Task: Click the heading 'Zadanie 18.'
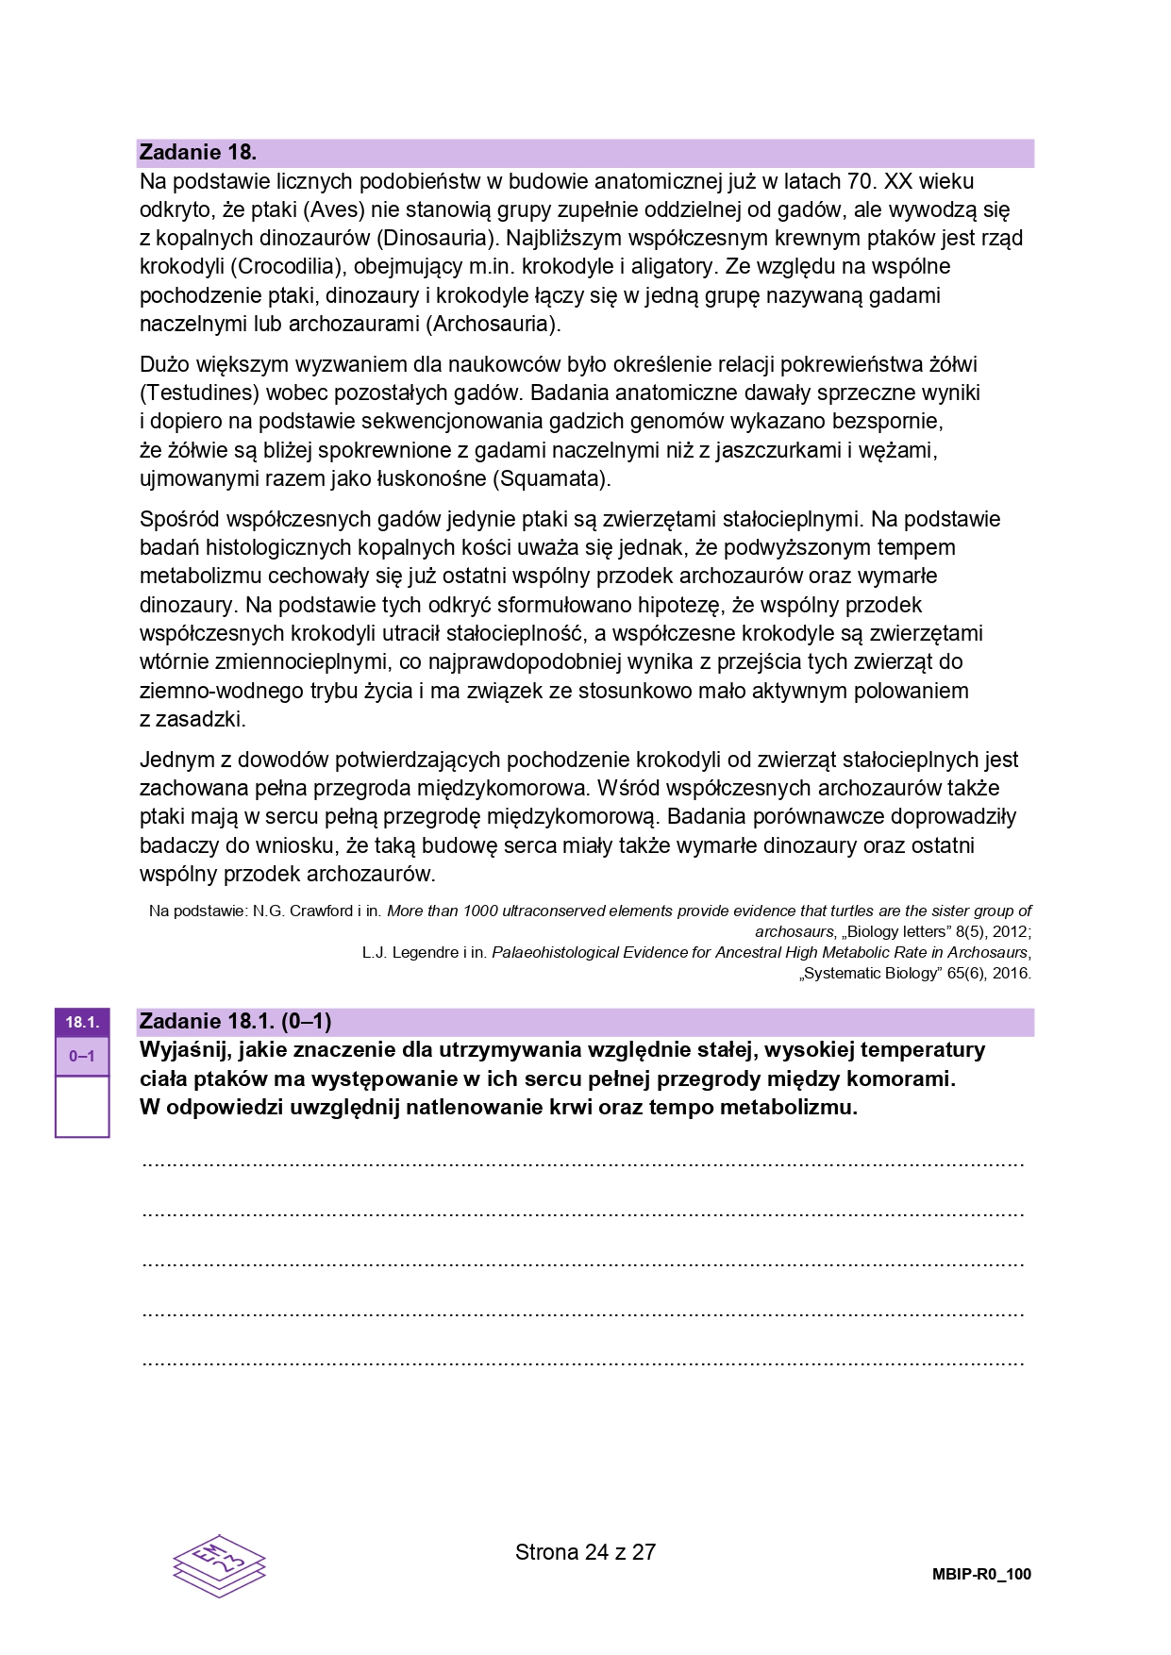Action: [x=197, y=152]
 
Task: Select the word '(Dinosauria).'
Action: [x=435, y=238]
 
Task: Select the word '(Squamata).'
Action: [x=551, y=478]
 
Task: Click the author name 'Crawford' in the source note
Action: [x=321, y=911]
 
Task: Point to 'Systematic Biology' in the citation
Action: [x=872, y=974]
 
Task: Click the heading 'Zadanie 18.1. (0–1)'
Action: [x=235, y=1021]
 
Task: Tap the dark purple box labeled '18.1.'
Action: [x=82, y=1022]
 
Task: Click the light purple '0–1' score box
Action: [x=82, y=1056]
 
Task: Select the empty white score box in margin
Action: [x=82, y=1106]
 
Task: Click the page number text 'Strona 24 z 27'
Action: [x=585, y=1552]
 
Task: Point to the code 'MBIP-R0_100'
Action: [x=981, y=1574]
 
